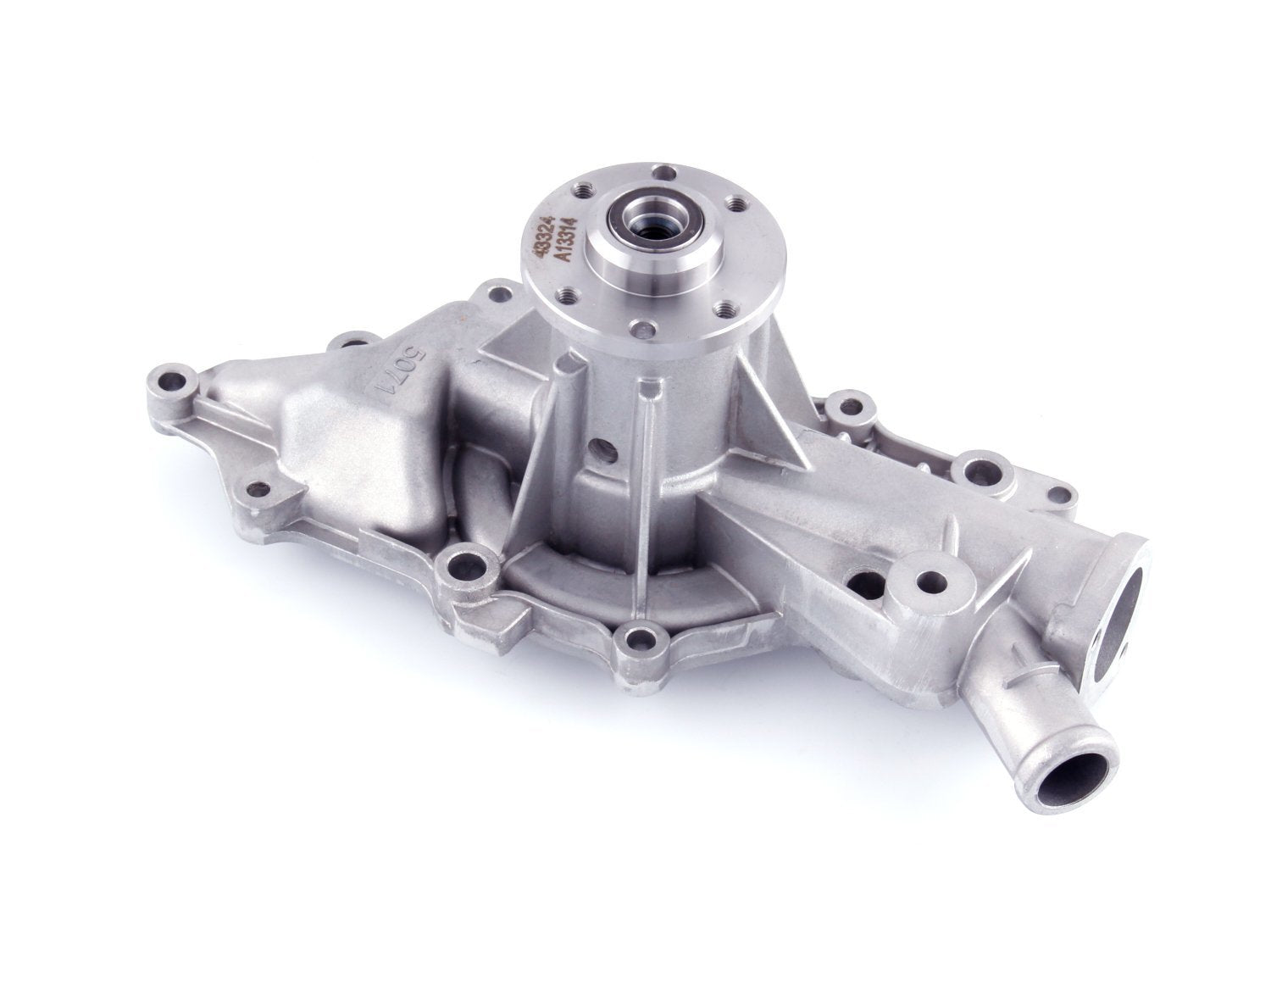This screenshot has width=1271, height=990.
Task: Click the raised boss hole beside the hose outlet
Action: click(934, 581)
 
